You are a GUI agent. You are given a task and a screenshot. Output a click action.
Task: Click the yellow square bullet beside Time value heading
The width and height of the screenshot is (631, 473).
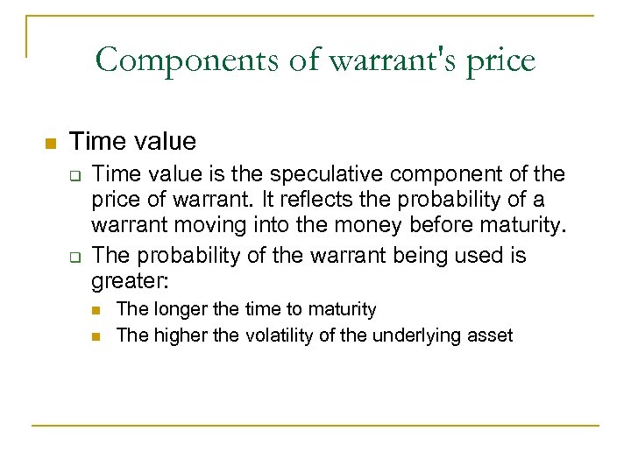click(49, 143)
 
